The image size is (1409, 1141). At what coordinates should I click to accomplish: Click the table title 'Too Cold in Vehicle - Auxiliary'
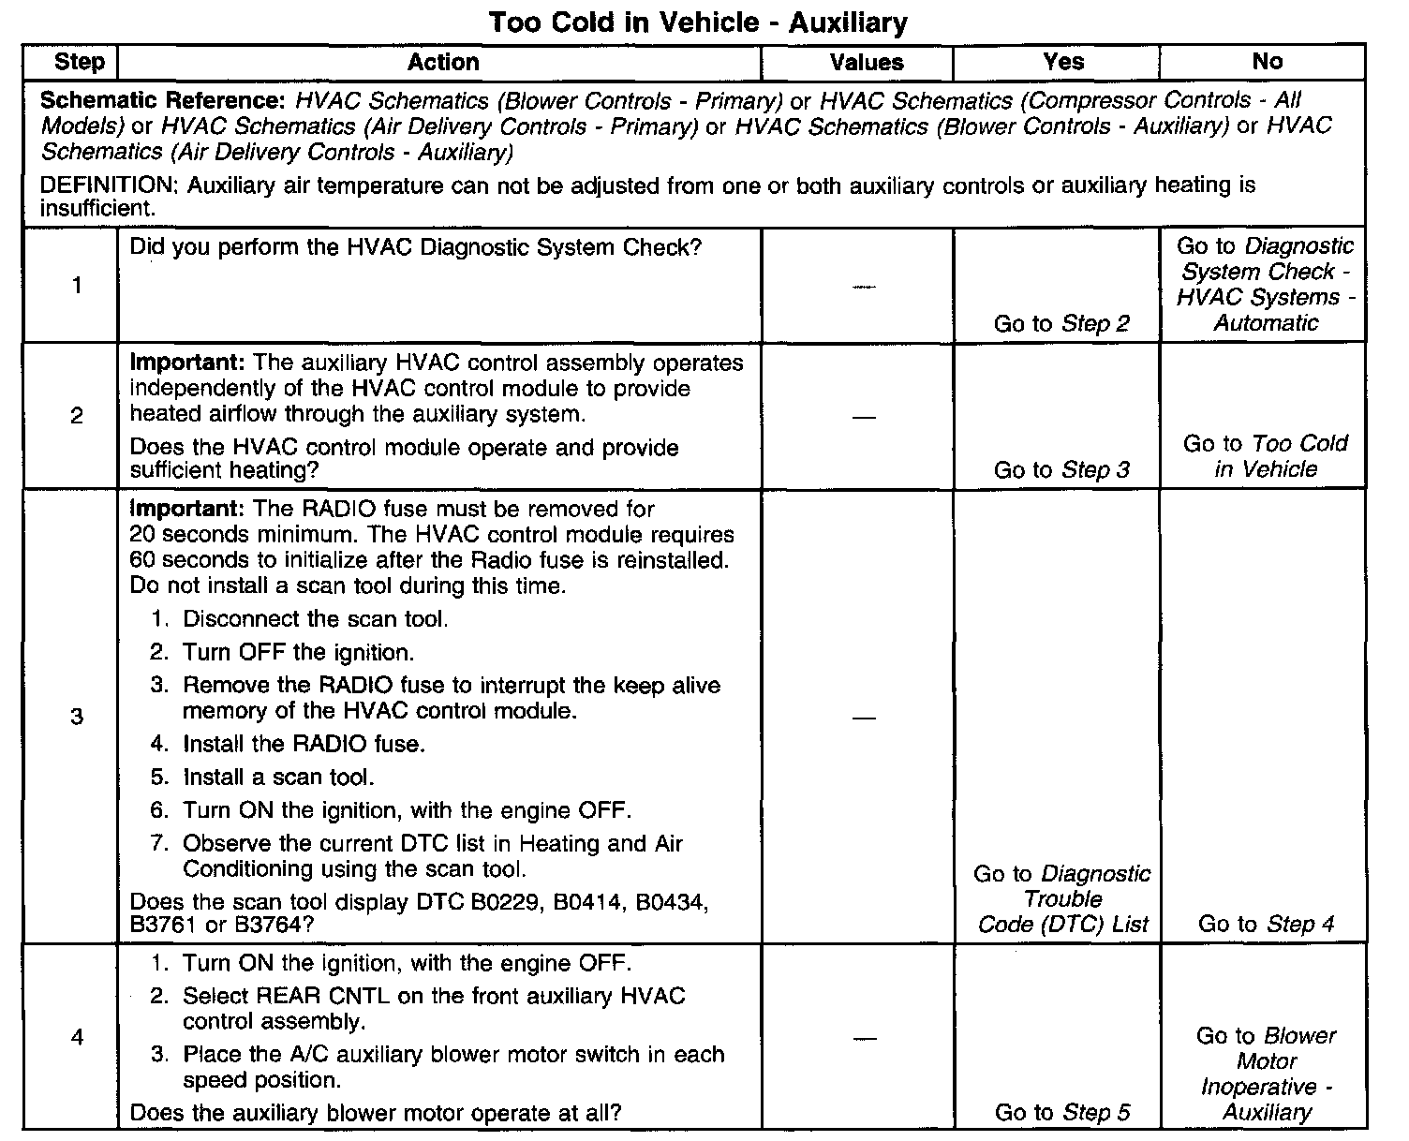[x=698, y=22]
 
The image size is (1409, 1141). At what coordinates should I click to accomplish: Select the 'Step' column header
[x=80, y=63]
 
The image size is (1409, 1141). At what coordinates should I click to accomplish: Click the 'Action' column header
[x=443, y=63]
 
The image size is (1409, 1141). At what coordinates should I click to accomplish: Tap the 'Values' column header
[x=867, y=63]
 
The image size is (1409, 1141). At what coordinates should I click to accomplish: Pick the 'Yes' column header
[x=1063, y=63]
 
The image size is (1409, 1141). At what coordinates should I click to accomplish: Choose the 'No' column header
[x=1267, y=63]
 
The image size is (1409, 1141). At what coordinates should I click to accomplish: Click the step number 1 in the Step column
[x=77, y=286]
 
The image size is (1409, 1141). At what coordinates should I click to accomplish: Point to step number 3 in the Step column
[x=77, y=717]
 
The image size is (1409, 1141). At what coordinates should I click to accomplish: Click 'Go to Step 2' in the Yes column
[x=1061, y=324]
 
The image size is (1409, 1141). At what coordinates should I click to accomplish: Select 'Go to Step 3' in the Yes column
[x=1061, y=470]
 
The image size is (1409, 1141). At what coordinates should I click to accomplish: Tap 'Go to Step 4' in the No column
[x=1266, y=925]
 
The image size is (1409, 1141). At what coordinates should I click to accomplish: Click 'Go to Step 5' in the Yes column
[x=1061, y=1113]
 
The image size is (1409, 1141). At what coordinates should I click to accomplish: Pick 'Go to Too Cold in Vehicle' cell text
[x=1265, y=456]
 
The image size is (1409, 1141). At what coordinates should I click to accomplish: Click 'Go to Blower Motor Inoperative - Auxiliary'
[x=1266, y=1074]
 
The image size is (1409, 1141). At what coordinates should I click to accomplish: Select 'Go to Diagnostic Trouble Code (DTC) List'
[x=1062, y=899]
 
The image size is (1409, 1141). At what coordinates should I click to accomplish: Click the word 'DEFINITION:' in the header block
[x=110, y=185]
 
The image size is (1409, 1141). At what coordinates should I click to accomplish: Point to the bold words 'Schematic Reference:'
[x=162, y=100]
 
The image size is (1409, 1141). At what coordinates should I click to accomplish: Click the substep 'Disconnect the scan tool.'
[x=315, y=619]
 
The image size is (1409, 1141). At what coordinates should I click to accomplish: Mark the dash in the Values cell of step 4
[x=865, y=1038]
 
